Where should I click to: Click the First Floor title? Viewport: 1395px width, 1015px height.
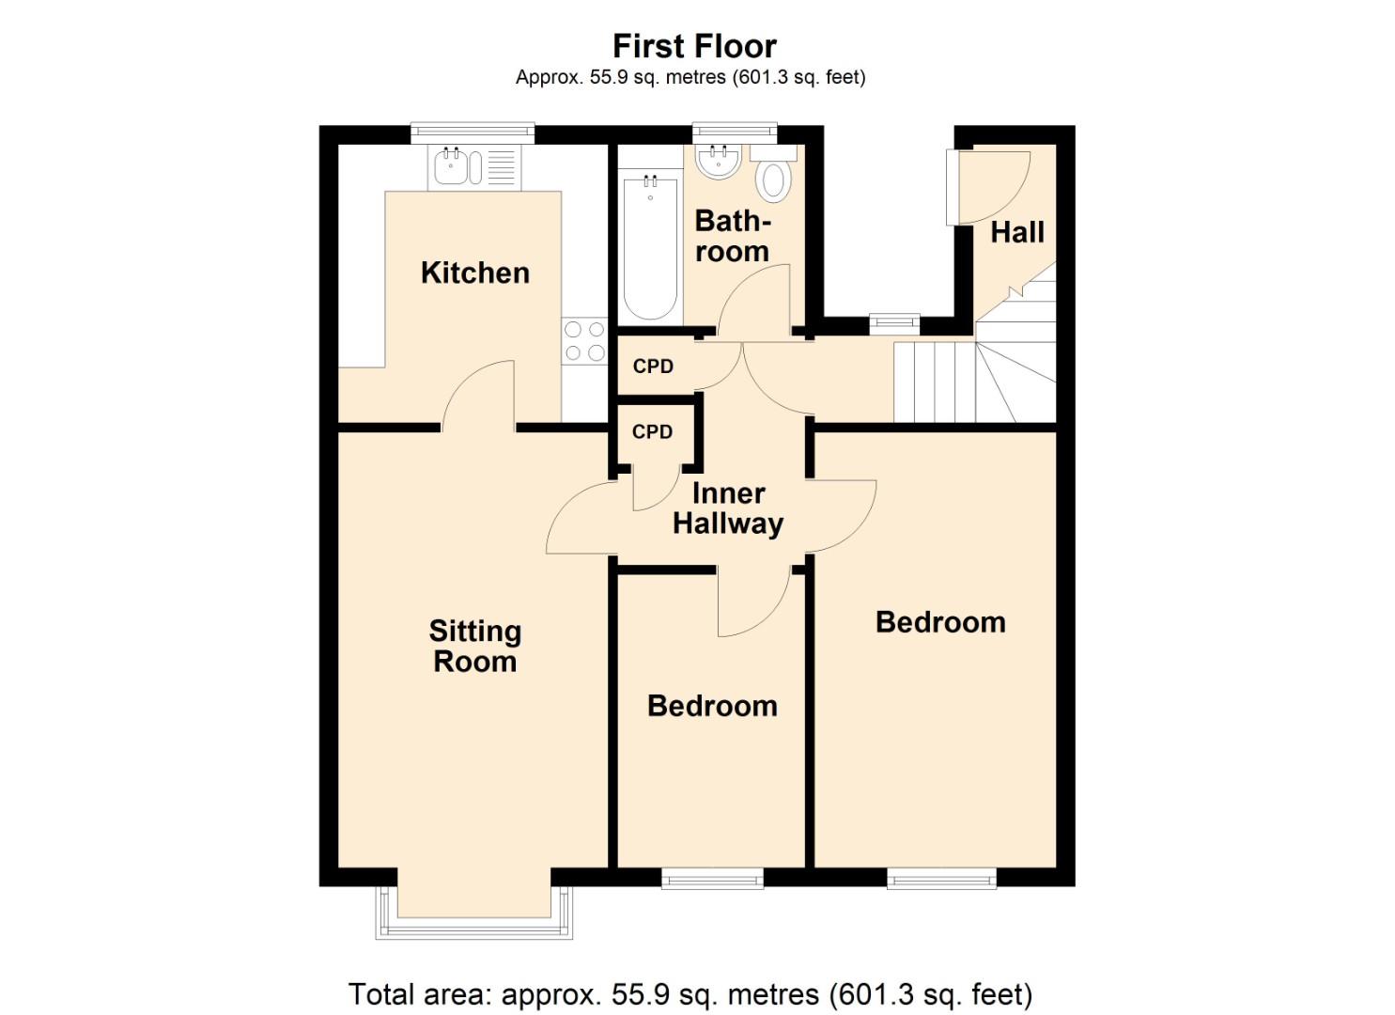(x=694, y=46)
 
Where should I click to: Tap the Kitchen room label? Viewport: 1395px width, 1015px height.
(x=474, y=273)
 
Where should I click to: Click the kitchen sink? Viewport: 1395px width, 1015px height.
(x=452, y=167)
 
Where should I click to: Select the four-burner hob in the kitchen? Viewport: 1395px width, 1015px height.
(x=584, y=341)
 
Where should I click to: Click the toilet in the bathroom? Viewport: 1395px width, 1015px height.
(x=773, y=180)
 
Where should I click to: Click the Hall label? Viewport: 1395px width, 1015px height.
(x=1016, y=232)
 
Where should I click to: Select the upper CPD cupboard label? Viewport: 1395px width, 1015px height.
(x=653, y=367)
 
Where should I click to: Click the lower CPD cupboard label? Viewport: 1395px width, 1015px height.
(x=652, y=432)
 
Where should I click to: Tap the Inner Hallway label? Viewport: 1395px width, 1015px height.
(x=728, y=508)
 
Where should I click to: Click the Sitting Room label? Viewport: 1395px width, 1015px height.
(x=474, y=646)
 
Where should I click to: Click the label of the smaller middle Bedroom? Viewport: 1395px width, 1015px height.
(x=712, y=706)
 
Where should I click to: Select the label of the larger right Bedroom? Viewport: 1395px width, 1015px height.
(x=940, y=622)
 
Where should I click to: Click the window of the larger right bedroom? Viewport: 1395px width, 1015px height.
(x=941, y=880)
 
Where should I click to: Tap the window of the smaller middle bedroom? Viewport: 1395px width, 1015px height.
(x=712, y=880)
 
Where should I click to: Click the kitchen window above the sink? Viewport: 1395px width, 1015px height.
(x=473, y=133)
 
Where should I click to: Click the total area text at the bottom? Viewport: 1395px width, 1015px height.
(x=690, y=993)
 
